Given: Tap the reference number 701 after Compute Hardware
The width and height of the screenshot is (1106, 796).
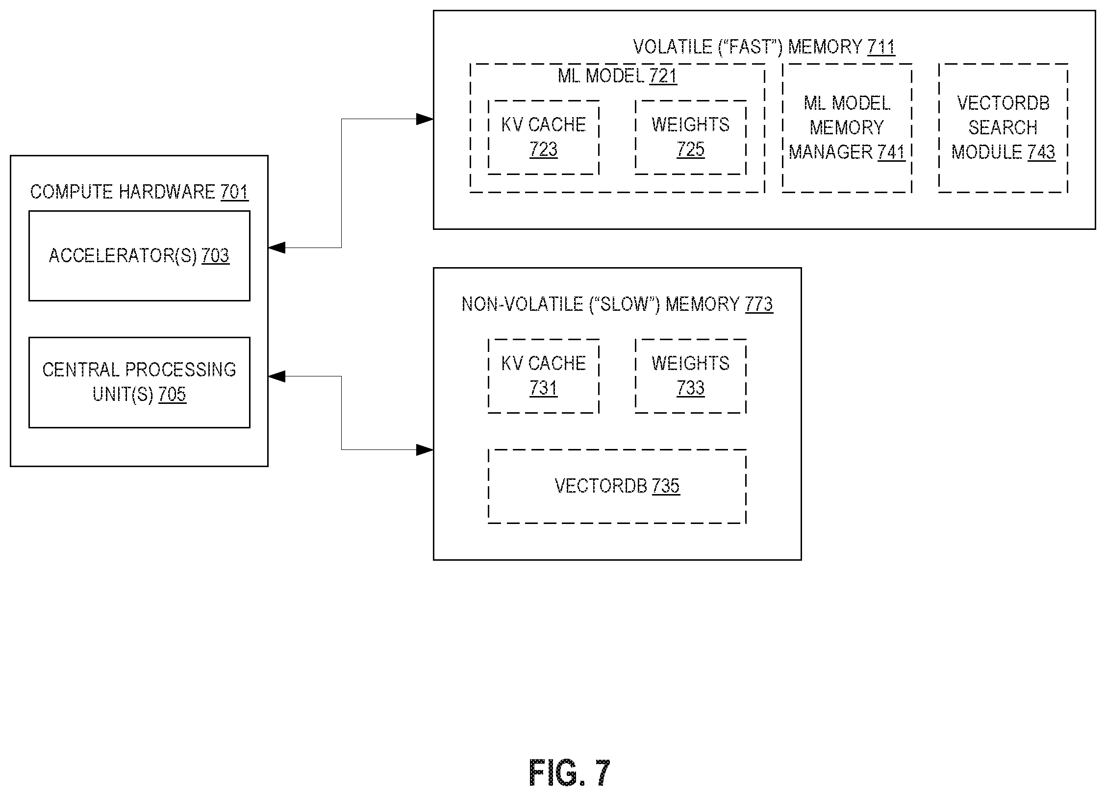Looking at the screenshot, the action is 234,192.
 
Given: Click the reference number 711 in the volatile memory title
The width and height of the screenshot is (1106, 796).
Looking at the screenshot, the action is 881,47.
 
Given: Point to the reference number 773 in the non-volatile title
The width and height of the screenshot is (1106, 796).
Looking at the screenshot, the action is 759,304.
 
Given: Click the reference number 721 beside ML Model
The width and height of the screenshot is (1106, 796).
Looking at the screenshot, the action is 663,76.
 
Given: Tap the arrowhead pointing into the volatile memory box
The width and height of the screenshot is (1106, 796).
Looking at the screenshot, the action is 425,119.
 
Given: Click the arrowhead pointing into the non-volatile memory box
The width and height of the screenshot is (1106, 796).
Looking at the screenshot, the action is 425,449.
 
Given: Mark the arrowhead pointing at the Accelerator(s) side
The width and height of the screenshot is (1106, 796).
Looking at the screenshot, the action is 277,248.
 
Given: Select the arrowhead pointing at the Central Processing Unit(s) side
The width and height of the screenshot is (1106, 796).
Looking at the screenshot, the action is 277,376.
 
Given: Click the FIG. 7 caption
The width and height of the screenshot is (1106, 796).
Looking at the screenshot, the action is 570,773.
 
